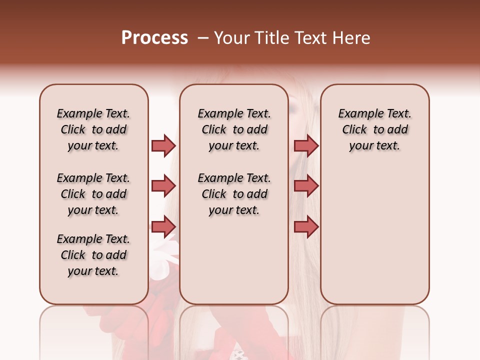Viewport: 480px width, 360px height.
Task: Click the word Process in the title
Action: tap(154, 38)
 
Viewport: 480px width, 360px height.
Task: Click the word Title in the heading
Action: tap(270, 38)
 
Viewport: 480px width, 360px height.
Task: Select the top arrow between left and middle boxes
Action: tap(163, 145)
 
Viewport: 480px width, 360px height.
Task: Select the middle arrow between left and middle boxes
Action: tap(163, 186)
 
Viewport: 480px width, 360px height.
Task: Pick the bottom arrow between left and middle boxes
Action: tap(163, 226)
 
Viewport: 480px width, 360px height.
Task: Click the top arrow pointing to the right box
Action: tap(306, 145)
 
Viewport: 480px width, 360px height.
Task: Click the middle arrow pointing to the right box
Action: tap(306, 186)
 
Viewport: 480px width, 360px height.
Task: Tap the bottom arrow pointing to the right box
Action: tap(306, 226)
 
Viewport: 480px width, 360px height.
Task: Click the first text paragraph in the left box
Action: tap(93, 129)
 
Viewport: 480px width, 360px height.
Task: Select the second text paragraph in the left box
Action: tap(93, 194)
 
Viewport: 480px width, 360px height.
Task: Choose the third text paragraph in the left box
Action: tap(93, 255)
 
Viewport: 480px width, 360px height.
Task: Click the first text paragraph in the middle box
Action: tap(234, 129)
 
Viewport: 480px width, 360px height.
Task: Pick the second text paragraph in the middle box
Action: tap(234, 194)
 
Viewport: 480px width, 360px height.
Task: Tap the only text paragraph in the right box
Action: tap(374, 129)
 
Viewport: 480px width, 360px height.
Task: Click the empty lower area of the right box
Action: tap(374, 235)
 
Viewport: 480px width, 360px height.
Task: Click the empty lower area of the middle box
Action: tap(234, 260)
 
